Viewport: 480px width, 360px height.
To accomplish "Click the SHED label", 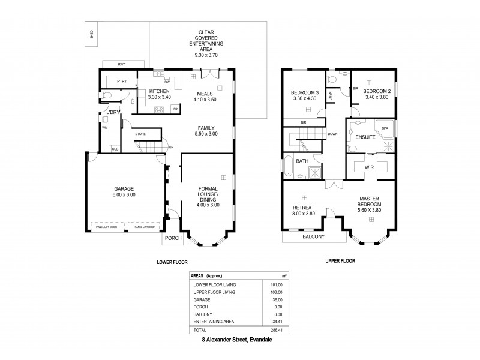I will click(91, 34).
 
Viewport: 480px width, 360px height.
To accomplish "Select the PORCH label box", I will click(173, 238).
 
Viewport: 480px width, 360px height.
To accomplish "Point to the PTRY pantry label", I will click(121, 80).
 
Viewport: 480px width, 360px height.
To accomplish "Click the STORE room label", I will click(140, 134).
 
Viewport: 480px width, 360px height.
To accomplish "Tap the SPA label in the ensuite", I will click(385, 128).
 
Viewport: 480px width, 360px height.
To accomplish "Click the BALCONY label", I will click(313, 236).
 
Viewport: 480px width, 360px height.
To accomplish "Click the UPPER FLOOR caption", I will click(341, 262).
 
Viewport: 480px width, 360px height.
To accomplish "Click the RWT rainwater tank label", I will click(121, 63).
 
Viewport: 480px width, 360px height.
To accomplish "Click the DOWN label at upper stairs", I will click(332, 134).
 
